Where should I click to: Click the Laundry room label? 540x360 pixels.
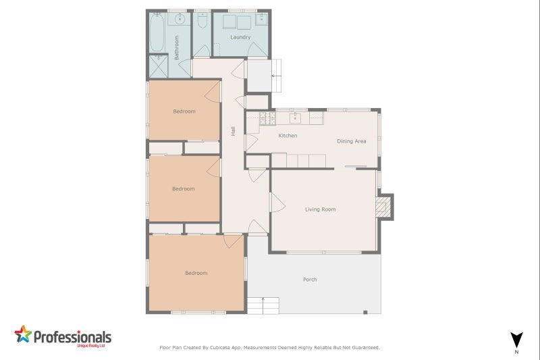[240, 37]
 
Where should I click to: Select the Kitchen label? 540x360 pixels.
[288, 136]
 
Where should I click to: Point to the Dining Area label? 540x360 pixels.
[352, 141]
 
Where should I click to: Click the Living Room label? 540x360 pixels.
[320, 209]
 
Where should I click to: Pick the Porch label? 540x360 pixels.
[310, 280]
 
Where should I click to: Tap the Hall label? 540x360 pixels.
[233, 132]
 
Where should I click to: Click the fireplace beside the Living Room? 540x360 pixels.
[383, 207]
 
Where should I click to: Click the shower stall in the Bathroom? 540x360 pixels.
[158, 66]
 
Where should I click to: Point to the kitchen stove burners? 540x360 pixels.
[267, 118]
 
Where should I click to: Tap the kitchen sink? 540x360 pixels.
[296, 118]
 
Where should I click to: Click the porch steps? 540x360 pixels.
[263, 305]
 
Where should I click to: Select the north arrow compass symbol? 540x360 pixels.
[516, 340]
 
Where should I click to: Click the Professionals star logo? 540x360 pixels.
[23, 334]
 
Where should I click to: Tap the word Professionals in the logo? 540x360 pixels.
[72, 336]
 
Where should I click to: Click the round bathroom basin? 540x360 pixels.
[180, 20]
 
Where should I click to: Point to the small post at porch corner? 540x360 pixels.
[364, 311]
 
